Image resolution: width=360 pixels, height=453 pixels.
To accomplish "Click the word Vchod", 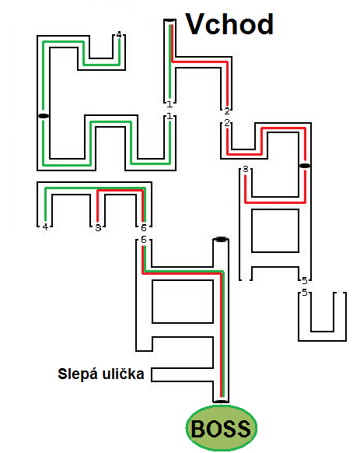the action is click(x=229, y=24).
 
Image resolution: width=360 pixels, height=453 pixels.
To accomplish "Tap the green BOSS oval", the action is click(x=221, y=428).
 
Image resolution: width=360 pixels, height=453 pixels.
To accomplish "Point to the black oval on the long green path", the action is click(x=44, y=116).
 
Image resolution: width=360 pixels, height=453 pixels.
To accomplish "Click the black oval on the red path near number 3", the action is click(x=305, y=166).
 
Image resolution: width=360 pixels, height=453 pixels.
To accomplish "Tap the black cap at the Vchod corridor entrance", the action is click(x=170, y=20).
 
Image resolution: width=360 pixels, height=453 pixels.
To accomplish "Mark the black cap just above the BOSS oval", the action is click(x=221, y=402).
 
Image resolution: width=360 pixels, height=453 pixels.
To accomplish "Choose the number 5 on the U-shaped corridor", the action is click(x=305, y=293).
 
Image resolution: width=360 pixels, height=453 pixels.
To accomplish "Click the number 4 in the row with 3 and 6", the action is click(x=45, y=227).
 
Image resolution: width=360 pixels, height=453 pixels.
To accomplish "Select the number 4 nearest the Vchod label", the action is click(x=119, y=35).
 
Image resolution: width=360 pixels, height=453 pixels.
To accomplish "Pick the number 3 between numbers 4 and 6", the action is click(x=98, y=228).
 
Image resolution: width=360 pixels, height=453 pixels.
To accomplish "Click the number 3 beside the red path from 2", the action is click(x=246, y=169).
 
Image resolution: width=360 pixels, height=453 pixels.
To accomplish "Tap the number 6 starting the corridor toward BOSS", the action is click(x=144, y=240).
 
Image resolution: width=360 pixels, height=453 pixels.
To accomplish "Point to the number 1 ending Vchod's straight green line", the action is click(x=170, y=104).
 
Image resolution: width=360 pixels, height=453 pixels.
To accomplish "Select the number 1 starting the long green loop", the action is click(x=170, y=117).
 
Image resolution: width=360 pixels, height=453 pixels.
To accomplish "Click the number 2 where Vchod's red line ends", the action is click(x=227, y=111).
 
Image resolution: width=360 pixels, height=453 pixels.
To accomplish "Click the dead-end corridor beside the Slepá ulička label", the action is click(x=183, y=374).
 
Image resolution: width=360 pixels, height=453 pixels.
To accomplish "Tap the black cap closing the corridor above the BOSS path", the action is click(x=221, y=239).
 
